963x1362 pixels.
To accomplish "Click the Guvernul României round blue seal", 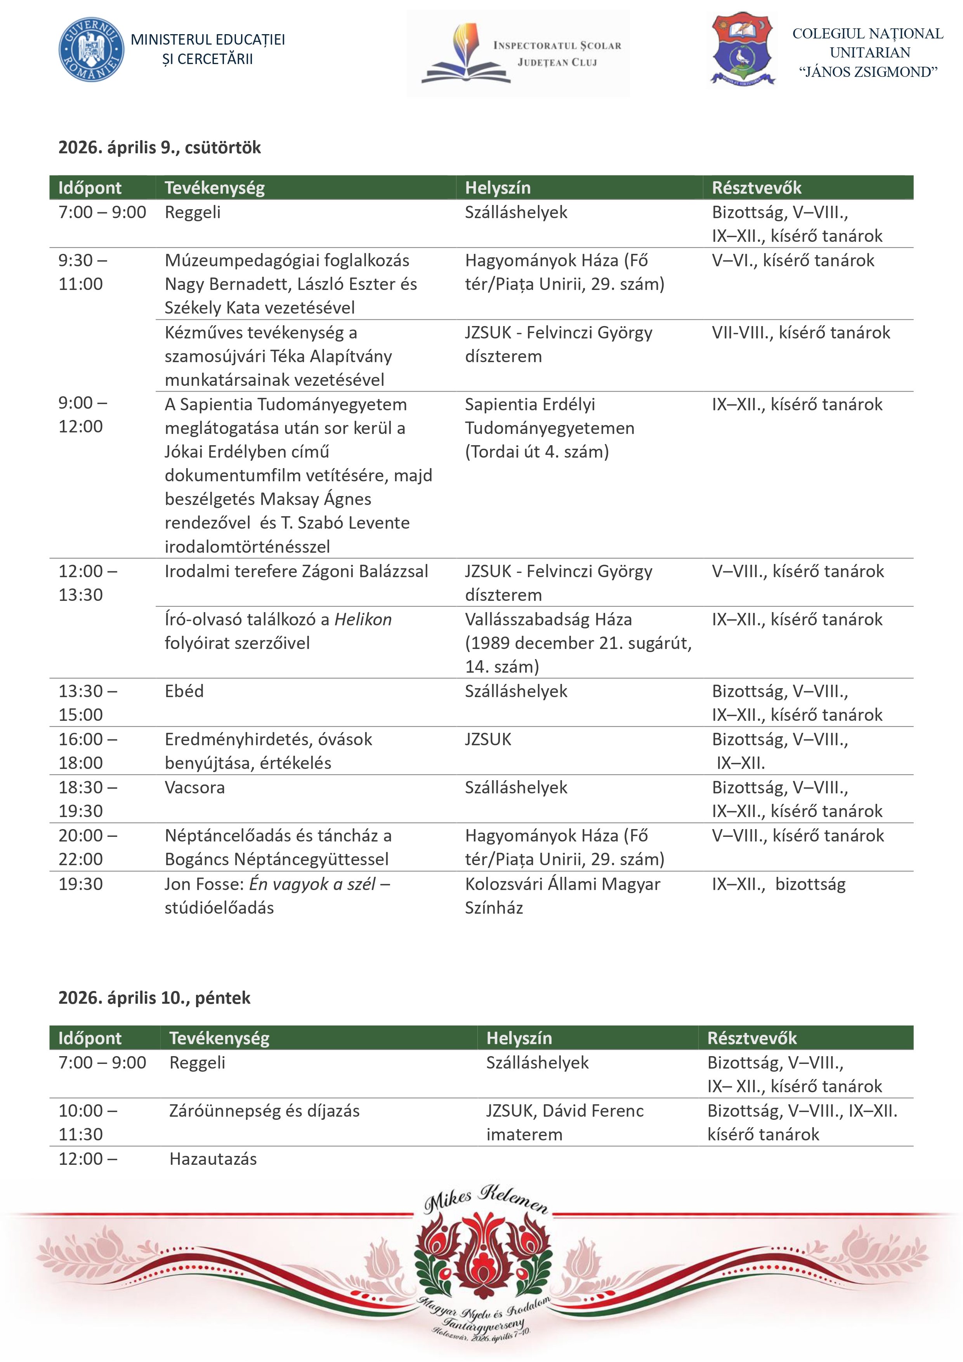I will point(91,50).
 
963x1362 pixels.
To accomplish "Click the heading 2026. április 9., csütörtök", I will point(159,148).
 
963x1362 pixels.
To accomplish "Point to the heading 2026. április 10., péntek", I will point(154,998).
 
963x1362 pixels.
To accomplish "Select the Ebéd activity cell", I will point(184,691).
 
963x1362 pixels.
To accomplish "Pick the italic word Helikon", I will point(363,619).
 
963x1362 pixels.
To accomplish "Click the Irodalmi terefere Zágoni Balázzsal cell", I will point(296,571).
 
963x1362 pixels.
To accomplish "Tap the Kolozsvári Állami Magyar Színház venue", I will point(562,896).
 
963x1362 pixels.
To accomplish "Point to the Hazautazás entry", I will point(213,1159).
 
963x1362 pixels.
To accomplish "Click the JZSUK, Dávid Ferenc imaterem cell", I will point(564,1123).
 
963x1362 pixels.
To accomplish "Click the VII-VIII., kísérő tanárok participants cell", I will point(800,333).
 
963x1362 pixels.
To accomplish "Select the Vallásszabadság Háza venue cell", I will point(548,620).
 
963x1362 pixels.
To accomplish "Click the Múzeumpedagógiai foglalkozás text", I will point(286,260).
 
